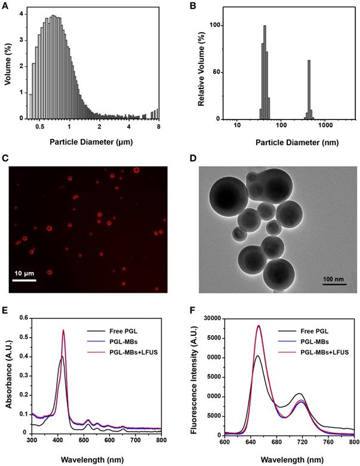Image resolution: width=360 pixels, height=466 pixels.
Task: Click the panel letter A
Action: (x=6, y=7)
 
